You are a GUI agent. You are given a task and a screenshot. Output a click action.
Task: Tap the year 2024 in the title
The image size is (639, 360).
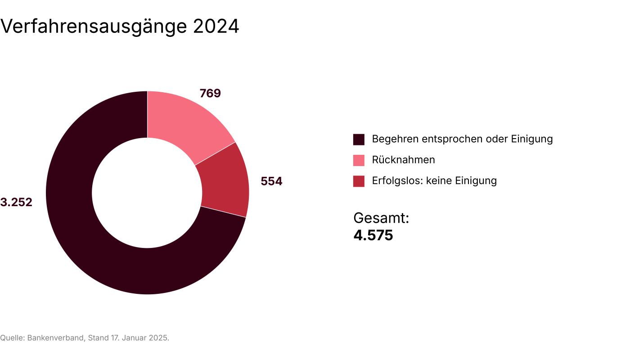216,27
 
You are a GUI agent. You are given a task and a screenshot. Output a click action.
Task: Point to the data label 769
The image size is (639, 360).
210,94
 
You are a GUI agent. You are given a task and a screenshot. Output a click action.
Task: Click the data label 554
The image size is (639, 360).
271,182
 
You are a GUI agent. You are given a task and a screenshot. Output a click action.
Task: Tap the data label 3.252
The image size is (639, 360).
16,202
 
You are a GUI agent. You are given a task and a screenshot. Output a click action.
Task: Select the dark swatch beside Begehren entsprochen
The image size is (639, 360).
359,139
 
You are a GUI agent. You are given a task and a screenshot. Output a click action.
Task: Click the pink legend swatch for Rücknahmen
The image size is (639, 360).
359,160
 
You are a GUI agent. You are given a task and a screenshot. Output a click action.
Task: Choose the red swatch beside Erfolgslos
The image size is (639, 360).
359,181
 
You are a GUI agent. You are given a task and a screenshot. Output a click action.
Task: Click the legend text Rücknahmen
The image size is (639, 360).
403,160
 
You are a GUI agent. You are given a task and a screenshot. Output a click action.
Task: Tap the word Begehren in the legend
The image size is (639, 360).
395,139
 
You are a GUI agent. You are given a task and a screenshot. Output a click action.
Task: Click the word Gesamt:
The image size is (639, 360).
381,218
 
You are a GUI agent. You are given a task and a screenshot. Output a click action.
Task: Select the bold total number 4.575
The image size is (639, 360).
373,235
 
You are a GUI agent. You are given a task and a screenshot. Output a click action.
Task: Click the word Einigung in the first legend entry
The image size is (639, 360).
532,139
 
